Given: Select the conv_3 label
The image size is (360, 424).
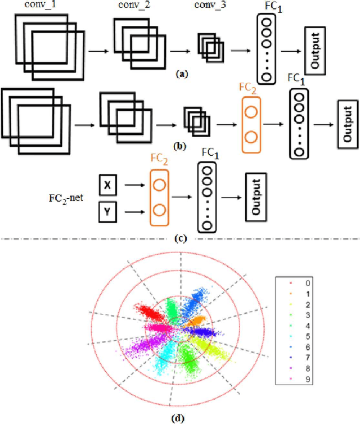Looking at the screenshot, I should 206,6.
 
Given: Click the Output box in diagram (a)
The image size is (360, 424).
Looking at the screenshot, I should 316,50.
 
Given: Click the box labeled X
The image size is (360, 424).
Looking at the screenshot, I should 109,184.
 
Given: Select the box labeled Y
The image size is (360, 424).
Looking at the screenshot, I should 109,211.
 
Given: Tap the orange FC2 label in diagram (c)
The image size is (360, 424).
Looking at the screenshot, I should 159,160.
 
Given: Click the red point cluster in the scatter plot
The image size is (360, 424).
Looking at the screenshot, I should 152,314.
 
